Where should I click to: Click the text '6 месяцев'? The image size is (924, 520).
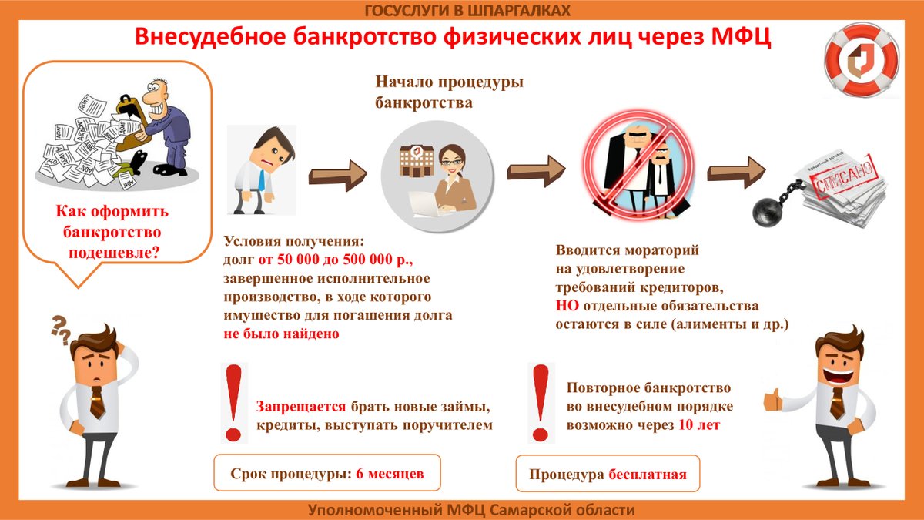390,472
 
